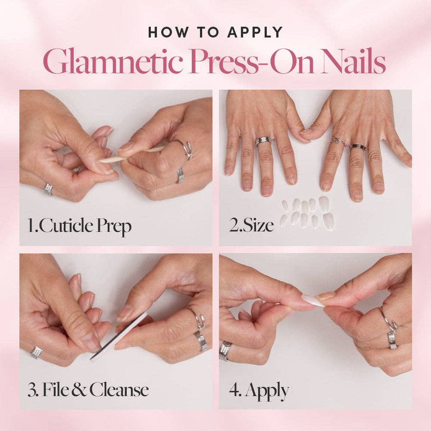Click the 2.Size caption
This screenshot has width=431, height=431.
point(251,226)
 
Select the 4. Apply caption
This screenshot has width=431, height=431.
point(259,390)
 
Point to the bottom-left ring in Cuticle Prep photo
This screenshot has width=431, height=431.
point(48,189)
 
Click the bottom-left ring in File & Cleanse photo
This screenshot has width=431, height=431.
point(36,352)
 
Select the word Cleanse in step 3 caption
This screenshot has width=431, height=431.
point(119,390)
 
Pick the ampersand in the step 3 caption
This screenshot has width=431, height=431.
point(81,390)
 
